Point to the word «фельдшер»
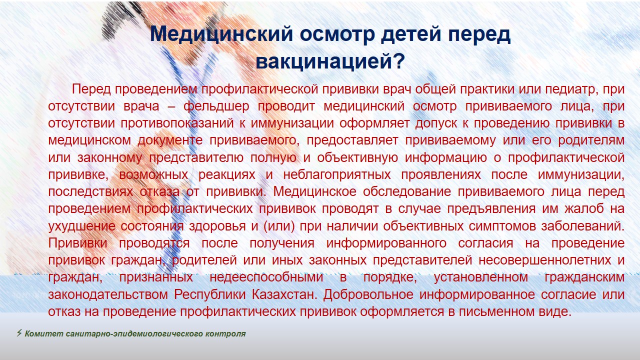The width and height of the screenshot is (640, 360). (x=216, y=106)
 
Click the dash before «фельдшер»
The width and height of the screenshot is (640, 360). (x=171, y=107)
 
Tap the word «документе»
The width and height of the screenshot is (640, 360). (x=170, y=141)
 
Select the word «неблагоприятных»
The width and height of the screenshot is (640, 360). (x=337, y=175)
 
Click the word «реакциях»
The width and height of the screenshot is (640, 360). (x=227, y=175)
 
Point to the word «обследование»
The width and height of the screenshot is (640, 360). (x=407, y=191)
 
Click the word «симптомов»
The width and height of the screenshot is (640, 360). (x=502, y=226)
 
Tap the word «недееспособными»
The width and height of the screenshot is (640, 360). (x=266, y=277)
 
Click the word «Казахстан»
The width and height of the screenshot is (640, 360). (x=284, y=294)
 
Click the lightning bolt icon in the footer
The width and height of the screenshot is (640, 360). (x=19, y=333)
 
